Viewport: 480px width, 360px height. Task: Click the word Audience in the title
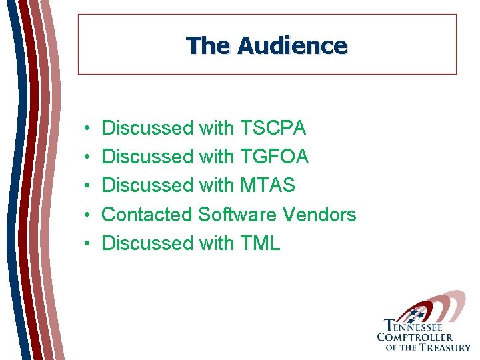292,46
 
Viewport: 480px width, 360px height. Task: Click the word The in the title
209,46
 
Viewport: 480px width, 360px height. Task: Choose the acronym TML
259,243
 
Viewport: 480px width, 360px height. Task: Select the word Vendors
320,215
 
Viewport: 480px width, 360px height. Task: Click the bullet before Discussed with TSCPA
88,128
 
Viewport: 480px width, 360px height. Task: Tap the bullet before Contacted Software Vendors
88,215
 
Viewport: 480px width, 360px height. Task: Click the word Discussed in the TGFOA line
147,157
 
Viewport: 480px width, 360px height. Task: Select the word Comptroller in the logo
415,337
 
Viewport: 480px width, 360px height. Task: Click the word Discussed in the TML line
147,243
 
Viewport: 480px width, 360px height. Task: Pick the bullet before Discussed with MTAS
88,186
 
